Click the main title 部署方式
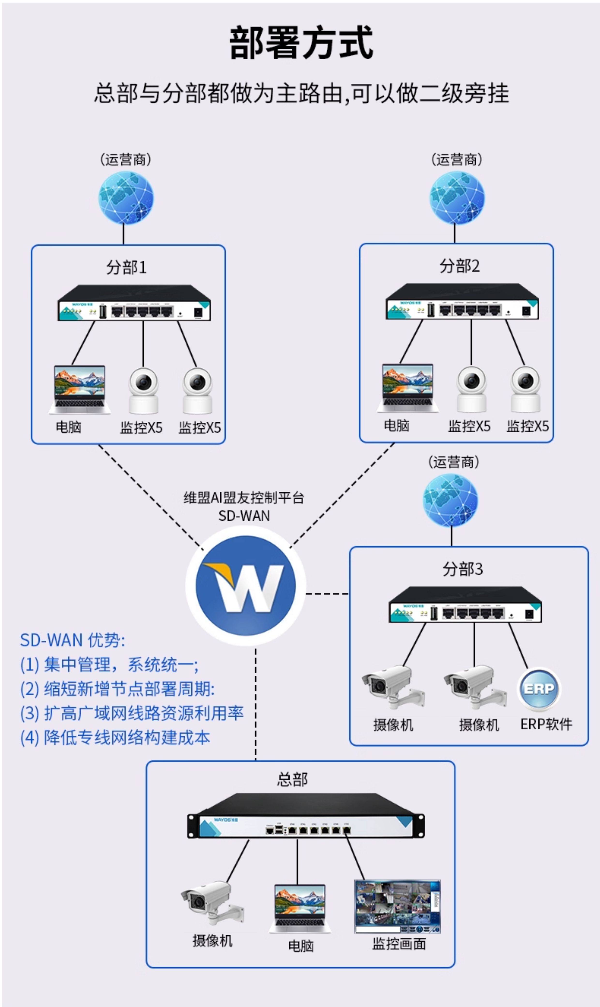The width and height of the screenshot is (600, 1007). (x=301, y=43)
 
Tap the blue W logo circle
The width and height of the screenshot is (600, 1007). (x=245, y=585)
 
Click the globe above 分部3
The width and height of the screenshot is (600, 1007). (x=450, y=500)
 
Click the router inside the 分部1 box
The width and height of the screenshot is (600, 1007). (x=134, y=303)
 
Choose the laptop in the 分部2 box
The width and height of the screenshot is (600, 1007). (x=408, y=388)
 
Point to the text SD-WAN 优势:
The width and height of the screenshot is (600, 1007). (x=73, y=640)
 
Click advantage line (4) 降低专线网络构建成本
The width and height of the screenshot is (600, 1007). (x=115, y=738)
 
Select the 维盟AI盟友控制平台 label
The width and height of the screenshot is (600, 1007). (x=244, y=498)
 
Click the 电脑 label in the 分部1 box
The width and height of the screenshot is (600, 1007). (x=69, y=427)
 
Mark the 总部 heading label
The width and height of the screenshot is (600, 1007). (x=292, y=779)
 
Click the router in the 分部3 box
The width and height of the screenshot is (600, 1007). (x=465, y=605)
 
